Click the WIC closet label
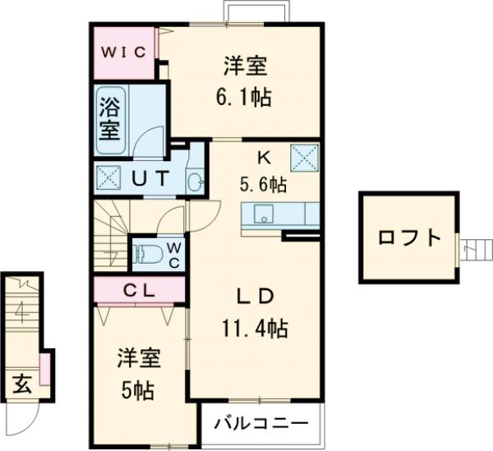pos(123,52)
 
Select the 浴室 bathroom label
pos(109,117)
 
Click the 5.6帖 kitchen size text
pos(264,186)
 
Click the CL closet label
pos(139,289)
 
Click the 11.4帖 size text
pos(254,329)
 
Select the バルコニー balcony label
pos(262,425)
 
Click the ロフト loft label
pos(409,238)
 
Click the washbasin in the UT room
pos(195,182)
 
